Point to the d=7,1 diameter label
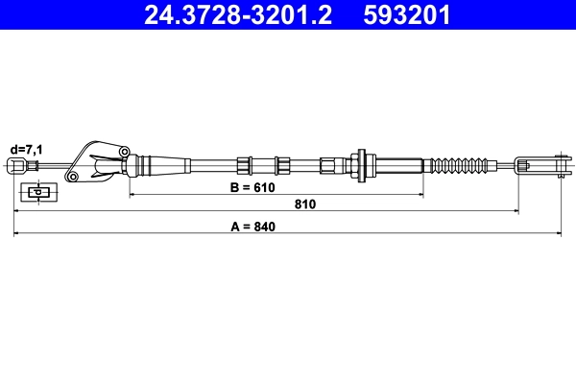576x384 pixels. (x=26, y=149)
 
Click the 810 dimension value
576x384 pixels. (x=305, y=204)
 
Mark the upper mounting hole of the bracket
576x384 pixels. (x=124, y=151)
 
